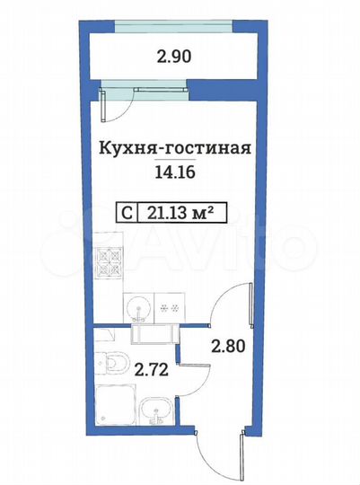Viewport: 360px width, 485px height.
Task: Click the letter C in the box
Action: (129, 213)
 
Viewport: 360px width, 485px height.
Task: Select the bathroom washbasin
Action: (156, 416)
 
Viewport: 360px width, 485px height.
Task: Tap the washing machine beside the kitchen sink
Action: (168, 307)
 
